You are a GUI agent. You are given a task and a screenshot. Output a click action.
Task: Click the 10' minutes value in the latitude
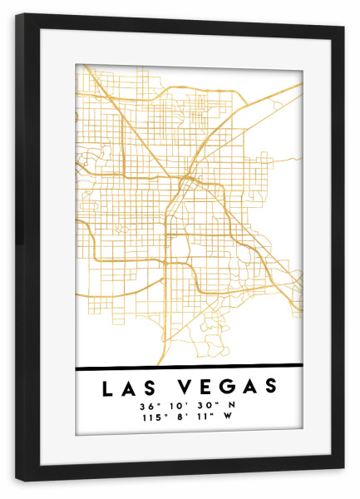(x=176, y=406)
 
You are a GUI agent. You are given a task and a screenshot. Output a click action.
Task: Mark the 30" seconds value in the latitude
(x=204, y=406)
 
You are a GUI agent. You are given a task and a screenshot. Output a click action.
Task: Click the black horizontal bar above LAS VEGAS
(x=188, y=367)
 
